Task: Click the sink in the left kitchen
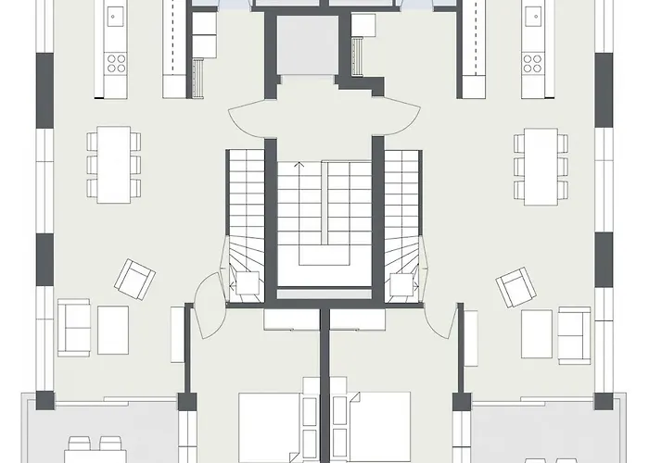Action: (115, 16)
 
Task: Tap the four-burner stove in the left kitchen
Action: (115, 62)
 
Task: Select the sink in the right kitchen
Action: (532, 16)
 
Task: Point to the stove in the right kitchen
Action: (532, 62)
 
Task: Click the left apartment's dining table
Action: (110, 164)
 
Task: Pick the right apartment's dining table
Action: (539, 164)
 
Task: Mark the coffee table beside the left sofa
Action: (113, 330)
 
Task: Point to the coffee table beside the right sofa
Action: (536, 333)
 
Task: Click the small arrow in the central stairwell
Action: (299, 165)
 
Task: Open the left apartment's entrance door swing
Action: (206, 315)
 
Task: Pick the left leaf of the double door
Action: (248, 116)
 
